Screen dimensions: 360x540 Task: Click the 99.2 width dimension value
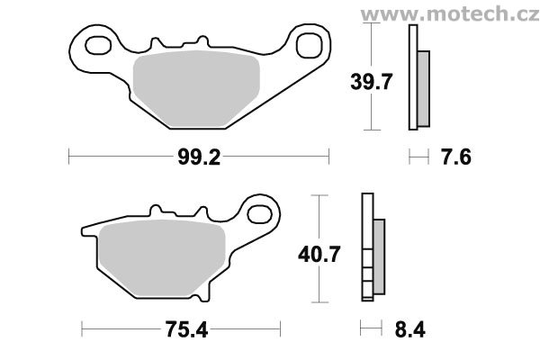pyautogui.click(x=200, y=158)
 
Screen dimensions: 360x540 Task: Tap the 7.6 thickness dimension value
pyautogui.click(x=457, y=158)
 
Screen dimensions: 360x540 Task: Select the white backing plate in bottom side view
pyautogui.click(x=366, y=247)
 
